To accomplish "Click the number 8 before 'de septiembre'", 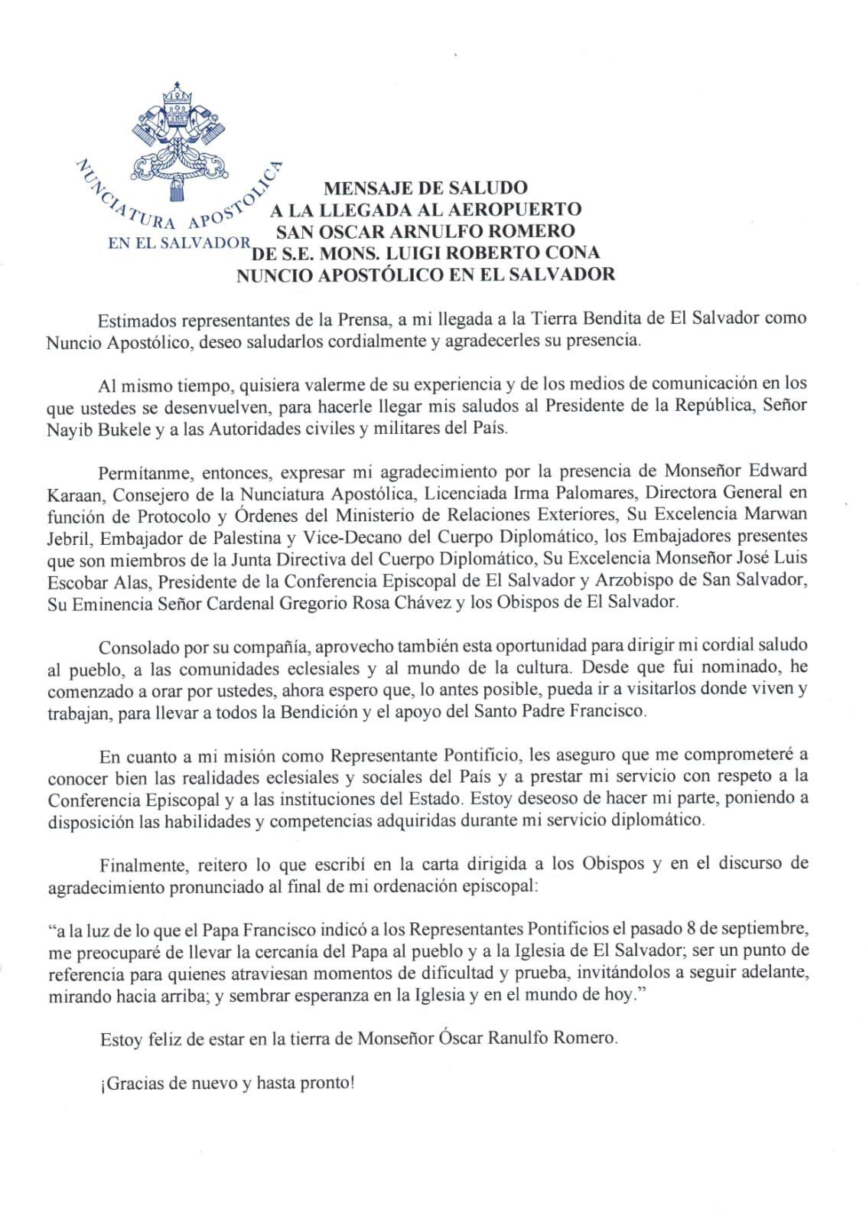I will click(x=691, y=929).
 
